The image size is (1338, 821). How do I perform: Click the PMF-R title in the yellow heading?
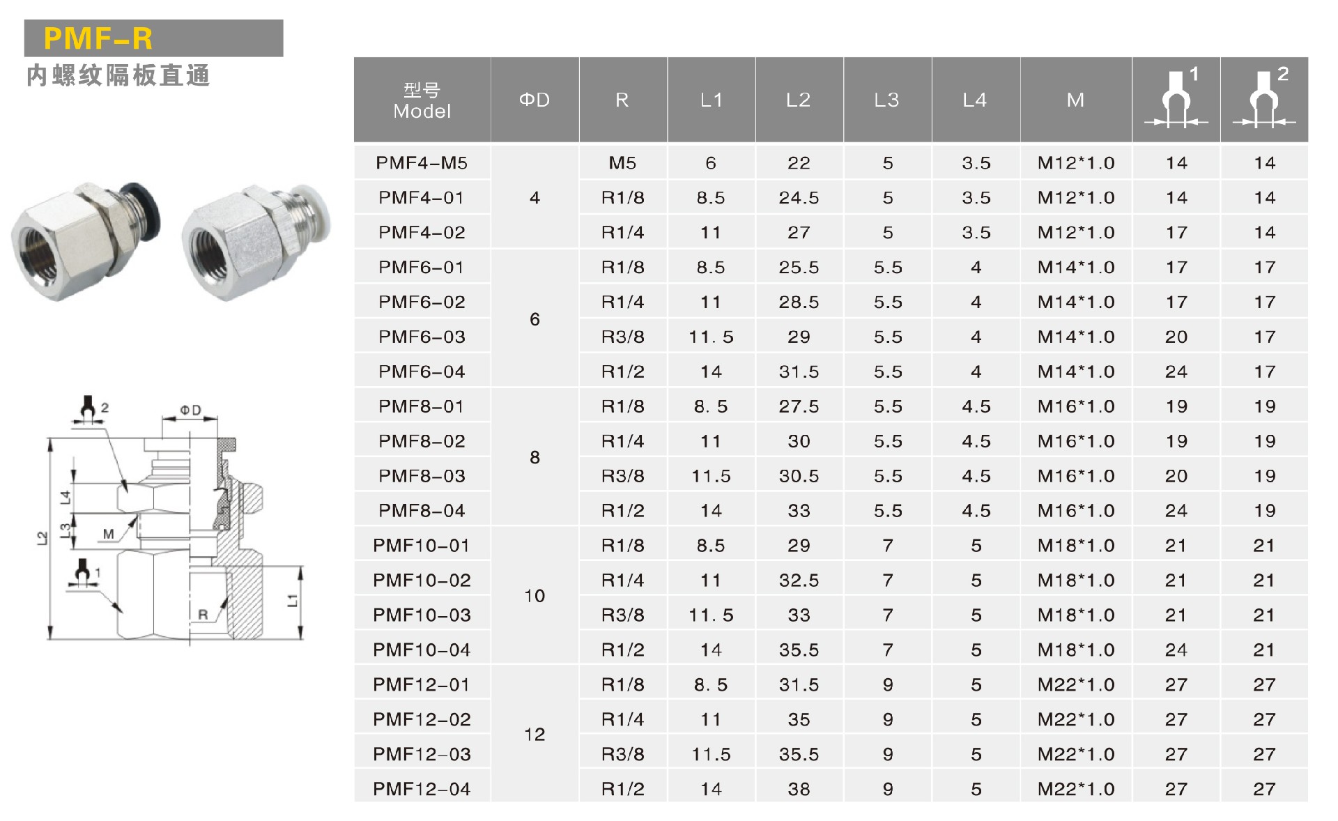coord(98,38)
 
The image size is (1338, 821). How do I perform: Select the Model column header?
coord(422,100)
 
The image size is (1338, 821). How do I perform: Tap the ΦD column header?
coord(535,100)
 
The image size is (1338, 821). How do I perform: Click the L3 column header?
coord(886,100)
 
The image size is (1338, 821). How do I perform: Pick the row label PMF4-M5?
coord(422,163)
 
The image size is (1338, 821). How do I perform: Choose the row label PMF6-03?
coord(422,337)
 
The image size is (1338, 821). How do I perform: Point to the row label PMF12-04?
coord(422,790)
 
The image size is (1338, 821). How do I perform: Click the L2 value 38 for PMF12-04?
coord(799,790)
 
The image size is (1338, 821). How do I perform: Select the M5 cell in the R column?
coord(622,163)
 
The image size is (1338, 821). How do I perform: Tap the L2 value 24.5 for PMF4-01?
coord(799,198)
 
